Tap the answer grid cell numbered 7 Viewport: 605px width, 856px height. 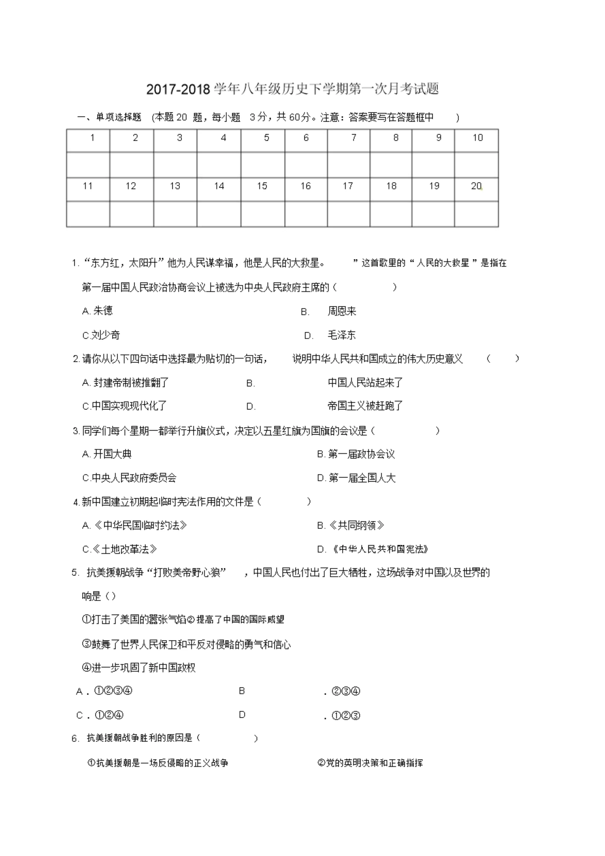click(x=349, y=140)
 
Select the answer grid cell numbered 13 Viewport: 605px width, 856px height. click(x=175, y=189)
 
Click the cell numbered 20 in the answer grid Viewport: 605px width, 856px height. click(x=476, y=189)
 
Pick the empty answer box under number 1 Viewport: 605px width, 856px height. click(x=88, y=165)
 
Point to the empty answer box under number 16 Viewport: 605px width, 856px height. click(x=306, y=214)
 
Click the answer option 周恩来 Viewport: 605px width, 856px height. click(x=342, y=311)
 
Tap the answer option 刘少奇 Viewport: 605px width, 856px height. click(x=106, y=335)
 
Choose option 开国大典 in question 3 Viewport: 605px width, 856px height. click(x=112, y=454)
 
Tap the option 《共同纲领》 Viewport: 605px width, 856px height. click(x=356, y=525)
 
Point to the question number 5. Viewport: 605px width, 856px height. click(x=75, y=573)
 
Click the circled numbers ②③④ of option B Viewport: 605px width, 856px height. click(x=346, y=691)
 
